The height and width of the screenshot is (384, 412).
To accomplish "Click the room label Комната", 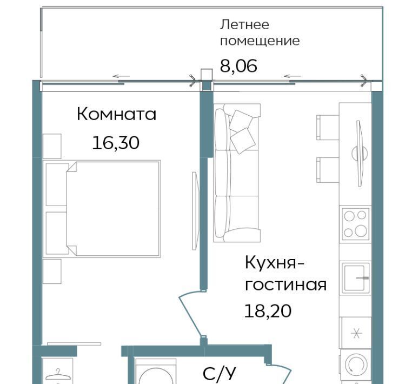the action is pos(116,114).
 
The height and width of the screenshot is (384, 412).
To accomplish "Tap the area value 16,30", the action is pos(116,143).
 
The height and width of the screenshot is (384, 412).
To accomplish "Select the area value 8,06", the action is pos(238,65).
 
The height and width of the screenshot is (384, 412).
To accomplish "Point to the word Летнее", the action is pos(244,24).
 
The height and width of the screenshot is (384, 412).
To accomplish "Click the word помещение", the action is pos(260,41).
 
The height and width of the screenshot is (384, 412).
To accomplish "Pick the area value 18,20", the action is pos(268,310).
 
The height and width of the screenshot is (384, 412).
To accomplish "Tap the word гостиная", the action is pos(285,284).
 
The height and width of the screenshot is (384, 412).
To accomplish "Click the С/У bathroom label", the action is pos(220,373).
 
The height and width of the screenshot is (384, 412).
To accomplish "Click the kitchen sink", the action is pos(355,277).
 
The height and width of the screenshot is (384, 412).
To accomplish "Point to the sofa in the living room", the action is pos(237,173).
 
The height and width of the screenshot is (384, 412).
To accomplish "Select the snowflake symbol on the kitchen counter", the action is pos(356,334).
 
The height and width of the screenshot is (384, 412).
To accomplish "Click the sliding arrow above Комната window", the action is pos(121,76).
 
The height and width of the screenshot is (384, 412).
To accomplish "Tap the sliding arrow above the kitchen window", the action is pos(292,76).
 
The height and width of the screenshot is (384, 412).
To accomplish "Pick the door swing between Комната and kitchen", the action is pos(191,313).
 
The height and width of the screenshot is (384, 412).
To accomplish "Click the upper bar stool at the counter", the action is pos(328,127).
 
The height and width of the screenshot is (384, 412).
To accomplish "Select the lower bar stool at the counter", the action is pos(328,170).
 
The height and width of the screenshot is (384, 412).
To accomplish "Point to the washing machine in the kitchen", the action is pos(355,365).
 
